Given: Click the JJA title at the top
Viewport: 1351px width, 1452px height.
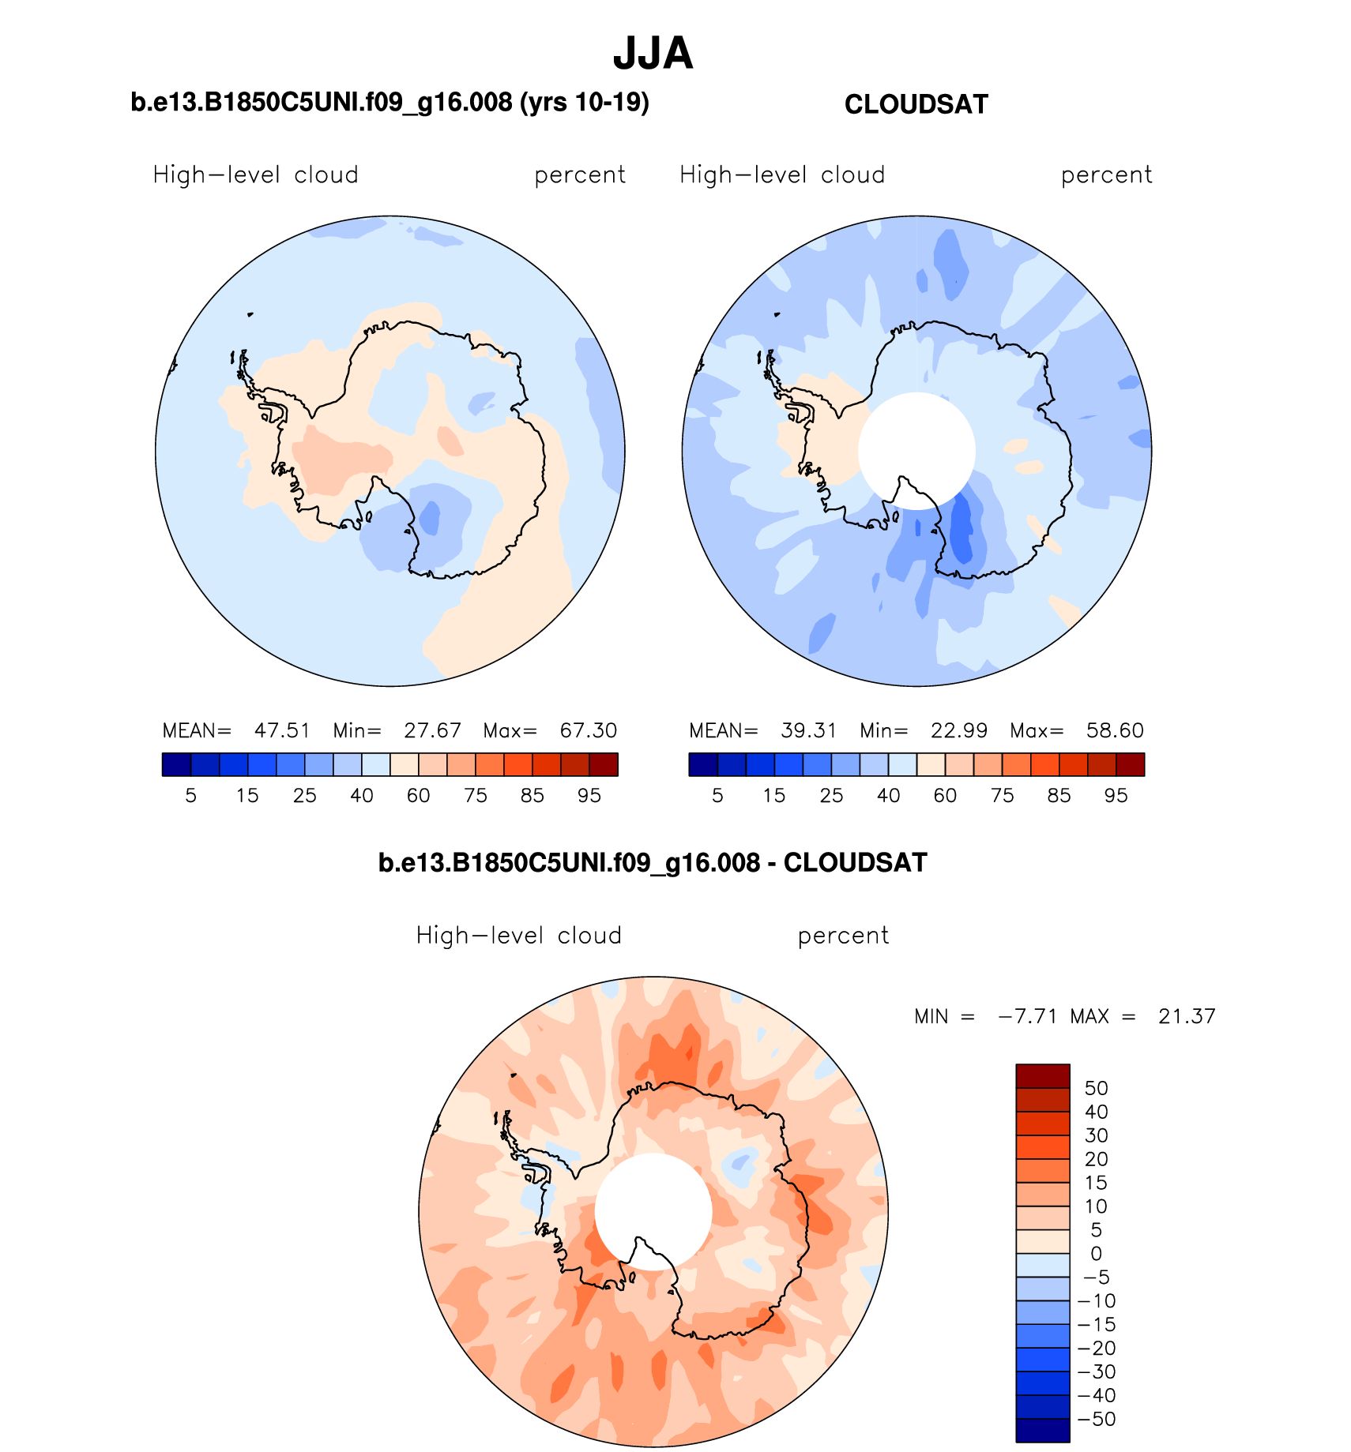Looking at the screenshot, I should click(x=653, y=54).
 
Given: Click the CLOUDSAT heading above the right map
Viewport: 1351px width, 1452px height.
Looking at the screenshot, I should click(x=916, y=104).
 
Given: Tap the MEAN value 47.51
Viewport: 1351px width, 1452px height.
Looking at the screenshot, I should click(x=282, y=730).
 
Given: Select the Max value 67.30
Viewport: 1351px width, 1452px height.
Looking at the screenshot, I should click(x=589, y=730).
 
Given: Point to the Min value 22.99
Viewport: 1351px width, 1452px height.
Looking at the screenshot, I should click(x=958, y=730).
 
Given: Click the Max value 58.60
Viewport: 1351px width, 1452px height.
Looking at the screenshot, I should click(x=1115, y=730).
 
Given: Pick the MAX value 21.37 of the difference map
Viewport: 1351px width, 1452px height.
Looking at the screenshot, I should click(x=1187, y=1016).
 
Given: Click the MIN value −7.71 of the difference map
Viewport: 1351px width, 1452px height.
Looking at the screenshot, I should click(x=1028, y=1016).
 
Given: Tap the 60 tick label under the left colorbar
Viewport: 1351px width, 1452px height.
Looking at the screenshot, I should click(x=418, y=796).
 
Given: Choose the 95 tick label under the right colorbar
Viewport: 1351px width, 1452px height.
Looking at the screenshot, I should click(x=1116, y=796).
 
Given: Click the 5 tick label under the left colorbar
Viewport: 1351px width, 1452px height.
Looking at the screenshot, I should click(x=190, y=796).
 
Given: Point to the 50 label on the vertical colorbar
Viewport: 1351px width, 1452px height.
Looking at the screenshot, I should click(x=1096, y=1088).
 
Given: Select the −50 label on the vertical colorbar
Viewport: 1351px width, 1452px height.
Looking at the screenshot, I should click(x=1097, y=1419).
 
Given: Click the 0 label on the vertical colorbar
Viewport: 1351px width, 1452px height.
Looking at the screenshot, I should click(x=1096, y=1254).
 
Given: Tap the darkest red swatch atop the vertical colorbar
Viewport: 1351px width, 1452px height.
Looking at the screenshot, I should click(x=1042, y=1076).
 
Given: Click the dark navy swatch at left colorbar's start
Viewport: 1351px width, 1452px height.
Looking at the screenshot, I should click(x=176, y=764).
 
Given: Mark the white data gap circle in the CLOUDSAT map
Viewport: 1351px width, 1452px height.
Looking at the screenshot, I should click(x=916, y=451).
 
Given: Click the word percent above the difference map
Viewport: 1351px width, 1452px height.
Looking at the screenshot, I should click(x=843, y=936).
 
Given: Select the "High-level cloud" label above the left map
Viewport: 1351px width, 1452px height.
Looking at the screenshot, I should click(x=255, y=174).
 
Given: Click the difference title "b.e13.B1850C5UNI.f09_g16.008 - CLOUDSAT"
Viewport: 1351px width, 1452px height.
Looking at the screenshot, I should click(x=653, y=863).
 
